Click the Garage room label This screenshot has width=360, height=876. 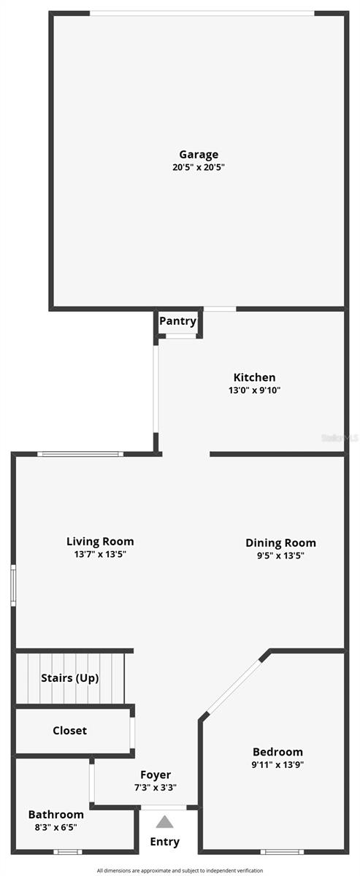click(x=199, y=154)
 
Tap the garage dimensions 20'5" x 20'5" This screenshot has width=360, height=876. click(x=199, y=167)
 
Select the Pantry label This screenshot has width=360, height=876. click(x=178, y=321)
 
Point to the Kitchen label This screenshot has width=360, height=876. click(x=254, y=377)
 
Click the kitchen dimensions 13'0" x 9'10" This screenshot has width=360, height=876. click(x=254, y=391)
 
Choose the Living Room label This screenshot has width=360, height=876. click(x=100, y=541)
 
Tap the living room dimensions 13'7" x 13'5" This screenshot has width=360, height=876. click(x=100, y=554)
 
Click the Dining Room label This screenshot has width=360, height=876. click(x=280, y=542)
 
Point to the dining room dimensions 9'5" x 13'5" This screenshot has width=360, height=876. click(x=280, y=556)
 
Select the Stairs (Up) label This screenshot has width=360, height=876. click(x=69, y=677)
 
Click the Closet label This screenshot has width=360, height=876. click(x=69, y=730)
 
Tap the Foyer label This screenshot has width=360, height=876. click(x=156, y=775)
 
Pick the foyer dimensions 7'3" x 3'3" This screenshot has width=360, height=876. click(x=156, y=788)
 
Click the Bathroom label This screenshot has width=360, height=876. click(x=56, y=814)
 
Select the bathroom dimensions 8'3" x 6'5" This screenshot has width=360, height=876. click(x=56, y=827)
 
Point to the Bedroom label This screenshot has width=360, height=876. click(x=277, y=752)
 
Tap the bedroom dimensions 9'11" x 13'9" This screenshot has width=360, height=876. click(x=277, y=765)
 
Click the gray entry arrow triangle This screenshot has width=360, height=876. click(x=165, y=822)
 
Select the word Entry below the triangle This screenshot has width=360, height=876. click(x=165, y=842)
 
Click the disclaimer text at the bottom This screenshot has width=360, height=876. click(x=180, y=871)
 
